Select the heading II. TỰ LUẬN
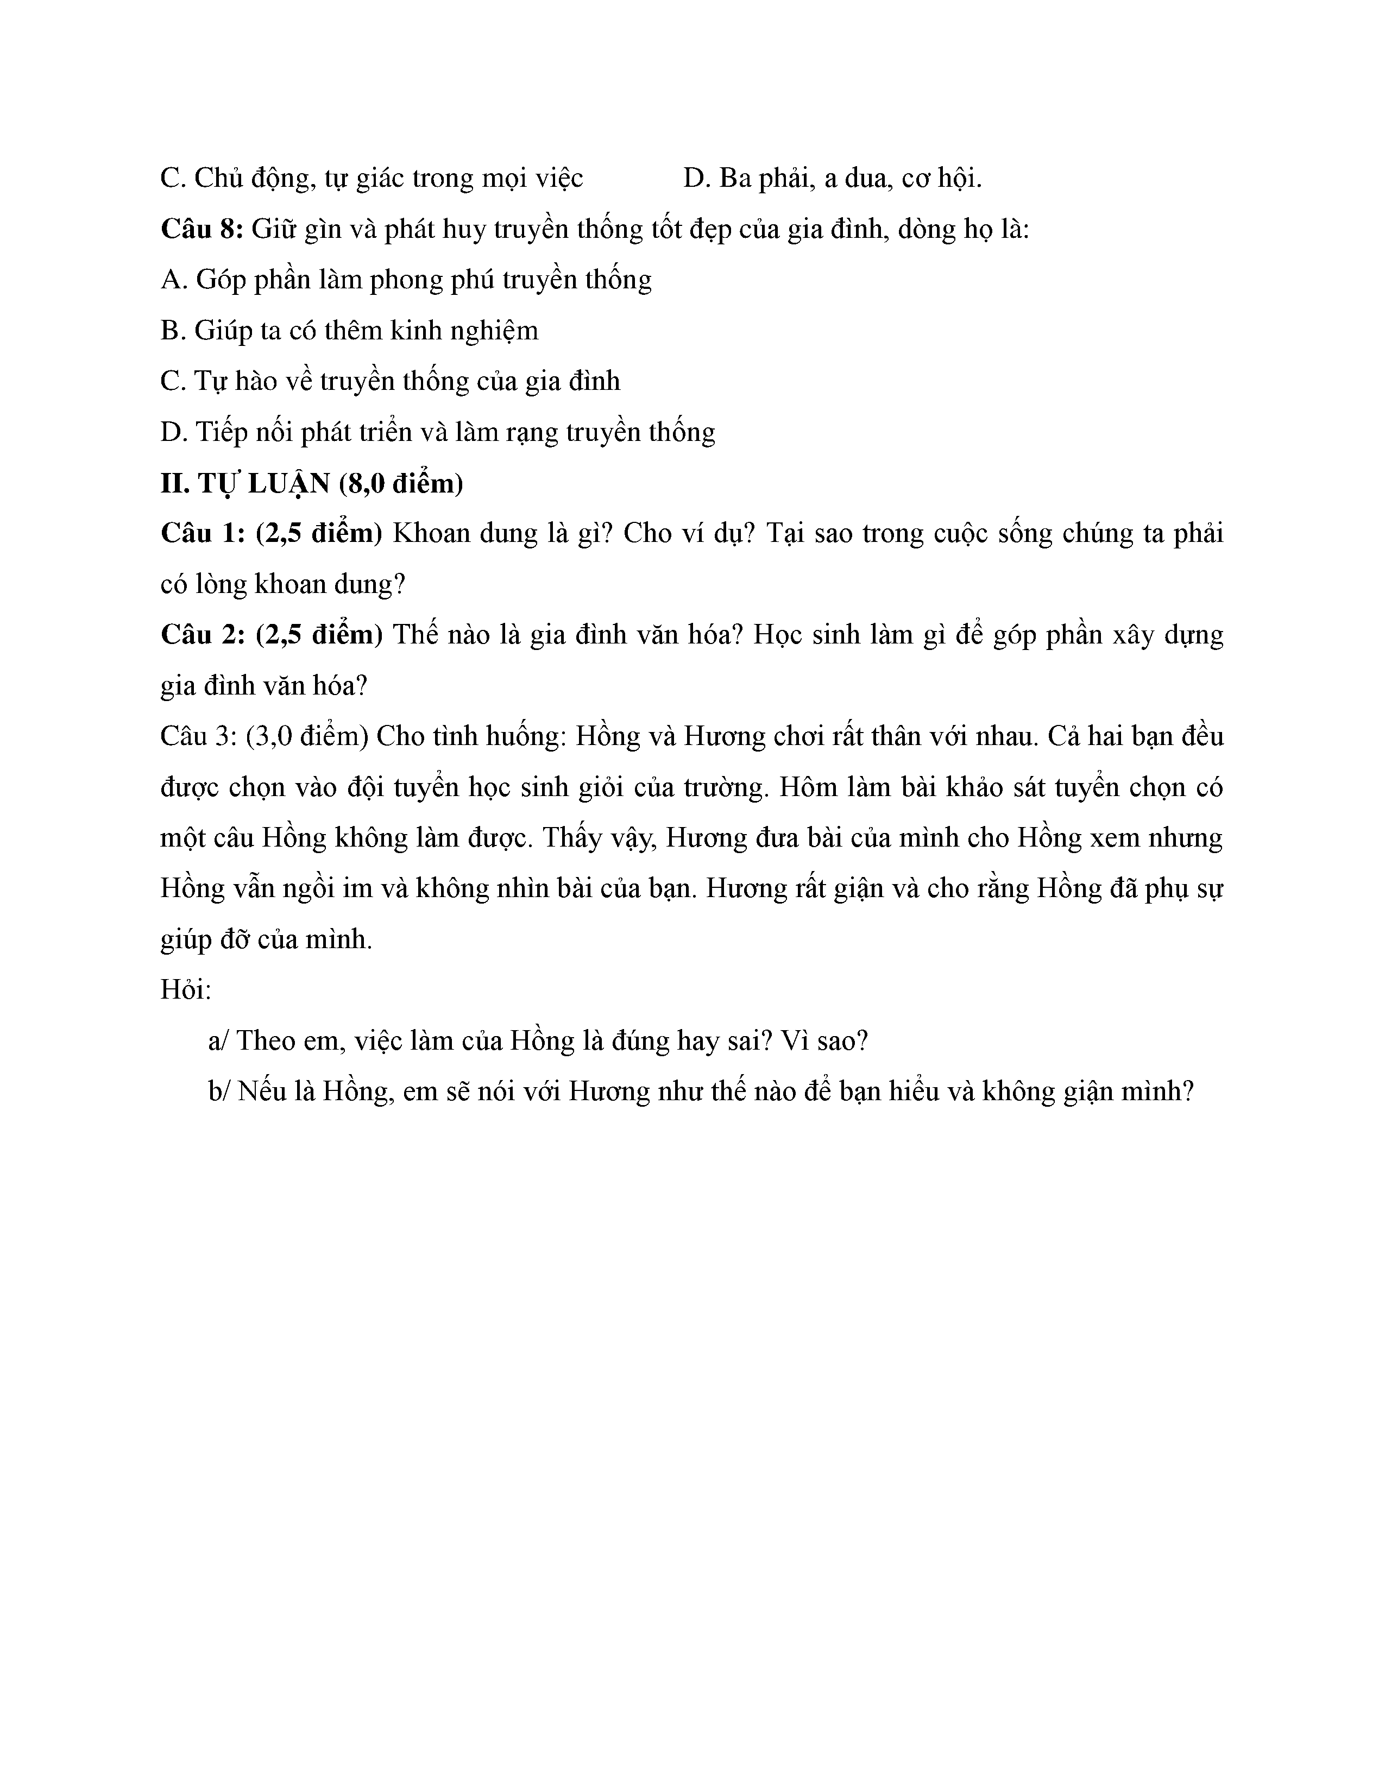coord(244,483)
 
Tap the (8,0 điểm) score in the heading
coord(400,483)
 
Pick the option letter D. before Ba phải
coord(697,178)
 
